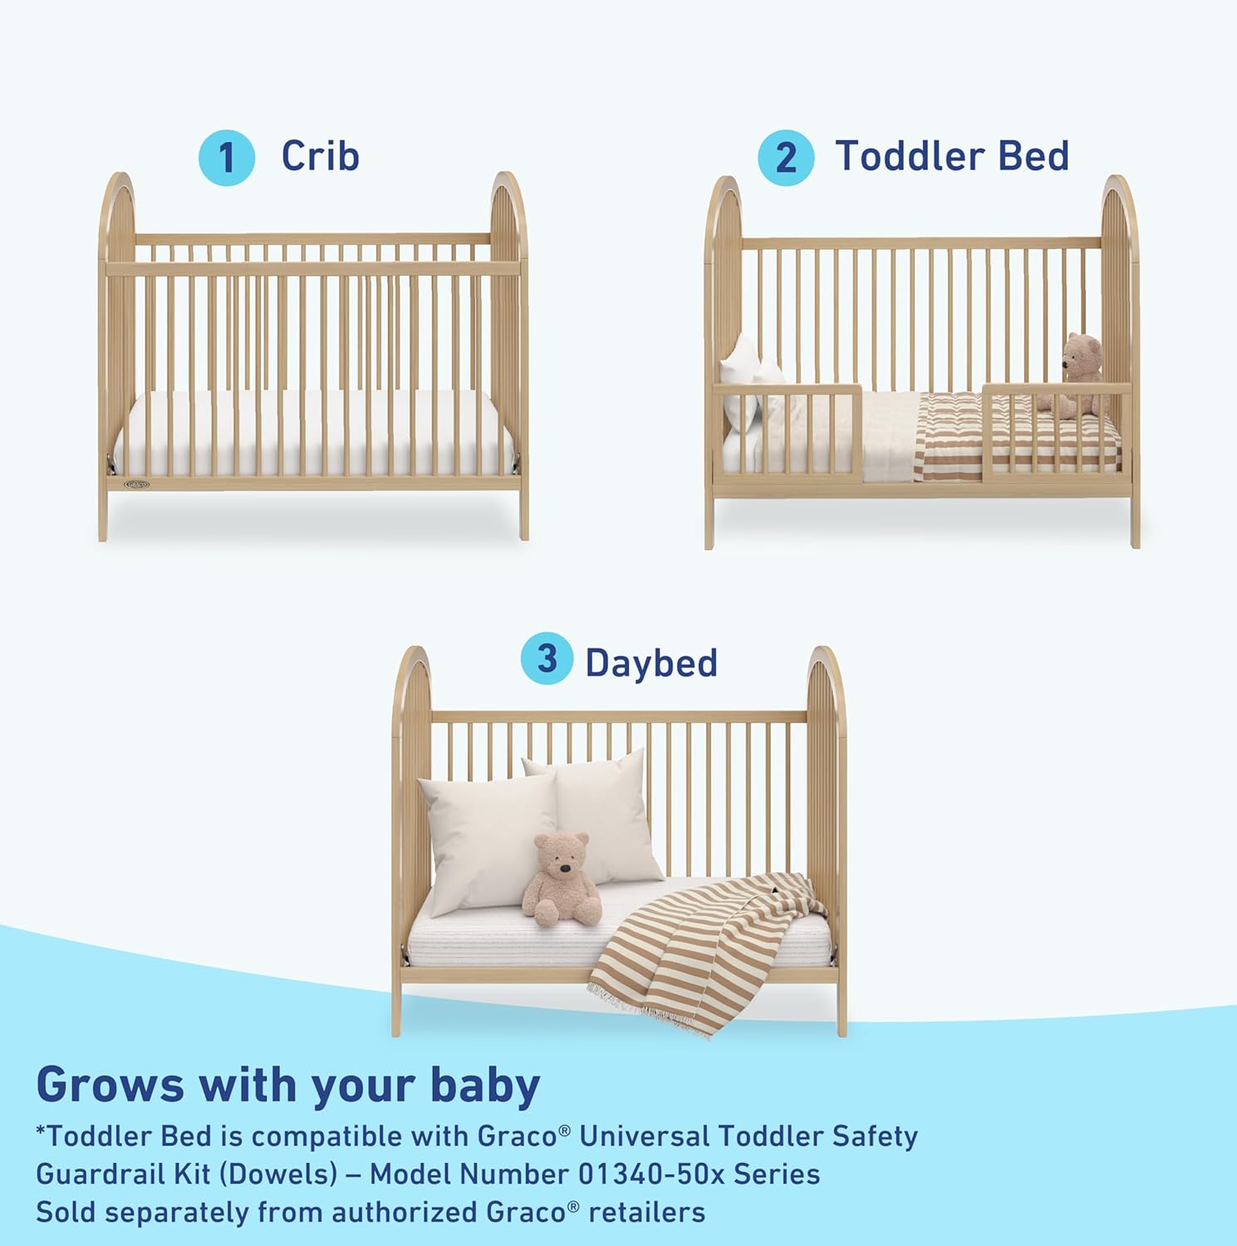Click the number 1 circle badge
click(x=226, y=158)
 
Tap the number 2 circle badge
click(x=785, y=158)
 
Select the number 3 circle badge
click(x=547, y=659)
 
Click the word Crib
click(x=320, y=155)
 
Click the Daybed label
click(x=651, y=663)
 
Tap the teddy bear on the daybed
click(x=561, y=881)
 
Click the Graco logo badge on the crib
click(x=136, y=483)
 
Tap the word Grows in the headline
click(x=110, y=1085)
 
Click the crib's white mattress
click(x=313, y=434)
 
